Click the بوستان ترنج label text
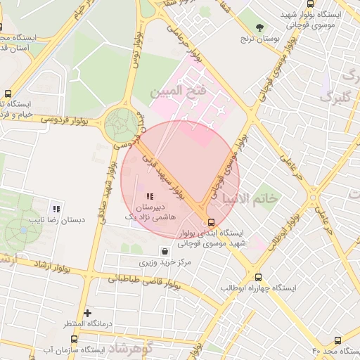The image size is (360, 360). pos(261,39)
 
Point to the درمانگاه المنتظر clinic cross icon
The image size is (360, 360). pos(87,313)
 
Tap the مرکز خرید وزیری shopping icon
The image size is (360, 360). pos(165,251)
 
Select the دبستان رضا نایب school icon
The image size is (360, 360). pos(56,208)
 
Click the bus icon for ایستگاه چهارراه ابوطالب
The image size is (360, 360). pos(259,277)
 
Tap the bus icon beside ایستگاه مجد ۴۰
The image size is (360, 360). pos(338,340)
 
